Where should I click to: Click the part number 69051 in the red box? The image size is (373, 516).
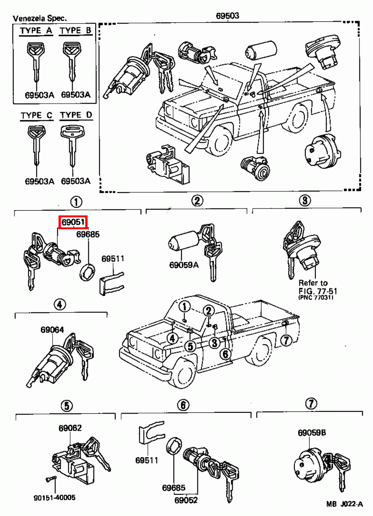pos(73,222)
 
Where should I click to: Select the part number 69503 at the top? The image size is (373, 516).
pos(227,15)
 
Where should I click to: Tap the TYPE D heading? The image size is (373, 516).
pos(76,115)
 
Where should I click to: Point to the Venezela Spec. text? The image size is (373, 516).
pos(40,18)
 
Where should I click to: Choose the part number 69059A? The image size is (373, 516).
pos(184,265)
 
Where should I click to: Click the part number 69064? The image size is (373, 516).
pos(52,330)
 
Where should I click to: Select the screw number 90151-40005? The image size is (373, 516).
pos(54,498)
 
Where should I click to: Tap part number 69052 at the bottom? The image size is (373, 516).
pos(186,500)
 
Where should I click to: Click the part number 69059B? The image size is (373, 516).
pos(311,432)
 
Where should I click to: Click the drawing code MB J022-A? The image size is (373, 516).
pos(344,504)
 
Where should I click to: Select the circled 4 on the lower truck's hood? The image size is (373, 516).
pos(172,338)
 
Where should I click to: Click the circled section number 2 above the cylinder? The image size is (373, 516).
pos(197,201)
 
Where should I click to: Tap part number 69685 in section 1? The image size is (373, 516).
pos(88,234)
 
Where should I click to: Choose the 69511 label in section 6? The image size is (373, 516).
pos(147,460)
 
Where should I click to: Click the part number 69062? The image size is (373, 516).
pos(70,428)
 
